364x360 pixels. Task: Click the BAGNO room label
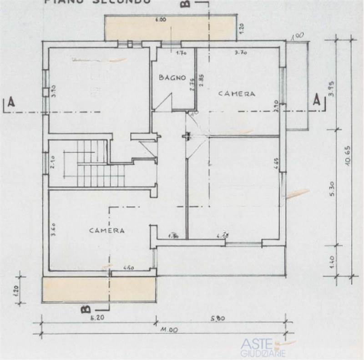pyautogui.click(x=172, y=77)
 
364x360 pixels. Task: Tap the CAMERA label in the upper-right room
pyautogui.click(x=236, y=94)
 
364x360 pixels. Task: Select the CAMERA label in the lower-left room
pyautogui.click(x=106, y=230)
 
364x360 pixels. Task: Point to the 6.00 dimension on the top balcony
pyautogui.click(x=160, y=20)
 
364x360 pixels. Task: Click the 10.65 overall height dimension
pyautogui.click(x=348, y=157)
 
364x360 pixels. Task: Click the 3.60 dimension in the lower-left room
pyautogui.click(x=53, y=232)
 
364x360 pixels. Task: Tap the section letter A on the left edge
pyautogui.click(x=12, y=102)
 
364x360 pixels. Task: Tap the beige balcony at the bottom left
pyautogui.click(x=99, y=289)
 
